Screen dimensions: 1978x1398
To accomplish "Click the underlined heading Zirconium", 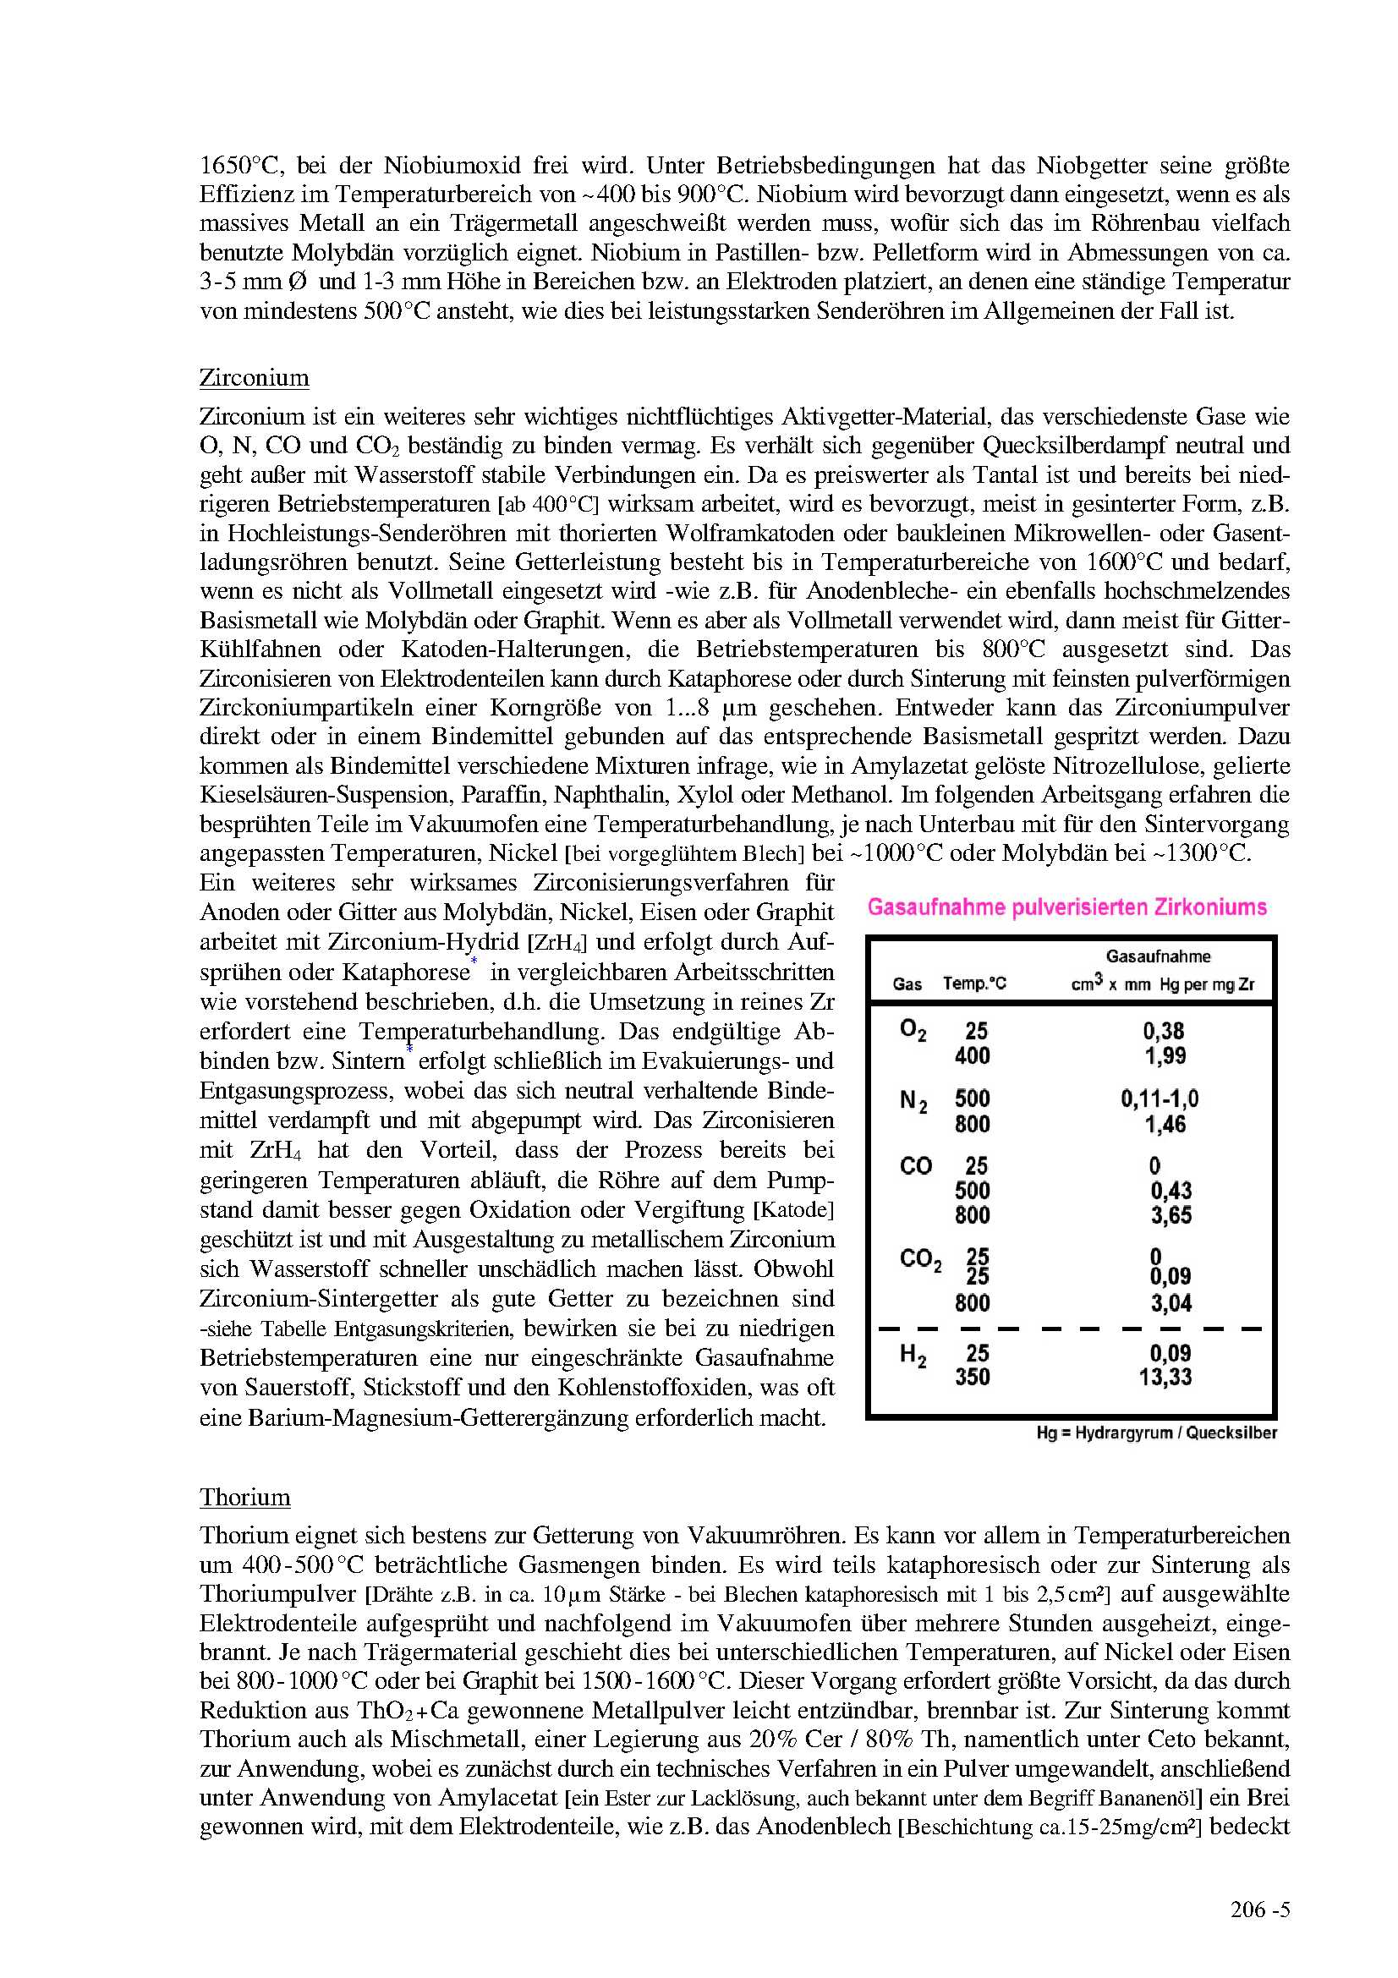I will [x=254, y=377].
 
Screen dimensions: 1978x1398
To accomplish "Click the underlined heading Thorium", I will [x=244, y=1497].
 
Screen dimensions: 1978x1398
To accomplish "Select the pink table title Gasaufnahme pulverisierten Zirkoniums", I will [x=1066, y=907].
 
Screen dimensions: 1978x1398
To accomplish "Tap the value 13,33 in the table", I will [x=1165, y=1377].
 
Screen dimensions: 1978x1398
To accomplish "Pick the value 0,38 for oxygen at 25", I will [x=1163, y=1031].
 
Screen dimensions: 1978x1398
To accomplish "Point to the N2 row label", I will [x=913, y=1101].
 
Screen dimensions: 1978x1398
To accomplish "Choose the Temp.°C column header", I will [x=974, y=983].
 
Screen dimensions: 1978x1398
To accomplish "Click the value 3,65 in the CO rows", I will [x=1170, y=1214].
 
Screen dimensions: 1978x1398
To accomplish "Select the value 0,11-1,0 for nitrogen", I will [x=1159, y=1099].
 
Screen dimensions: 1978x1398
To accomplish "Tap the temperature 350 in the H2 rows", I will [x=972, y=1377].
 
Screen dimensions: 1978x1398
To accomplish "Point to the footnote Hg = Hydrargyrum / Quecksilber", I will [x=1156, y=1433].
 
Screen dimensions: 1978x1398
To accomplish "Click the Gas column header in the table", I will [x=907, y=984].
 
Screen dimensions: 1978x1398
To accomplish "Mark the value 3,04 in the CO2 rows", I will [x=1170, y=1302].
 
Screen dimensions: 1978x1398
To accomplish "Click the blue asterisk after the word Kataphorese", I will [x=474, y=960].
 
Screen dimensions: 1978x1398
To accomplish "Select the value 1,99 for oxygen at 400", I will [x=1165, y=1055].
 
